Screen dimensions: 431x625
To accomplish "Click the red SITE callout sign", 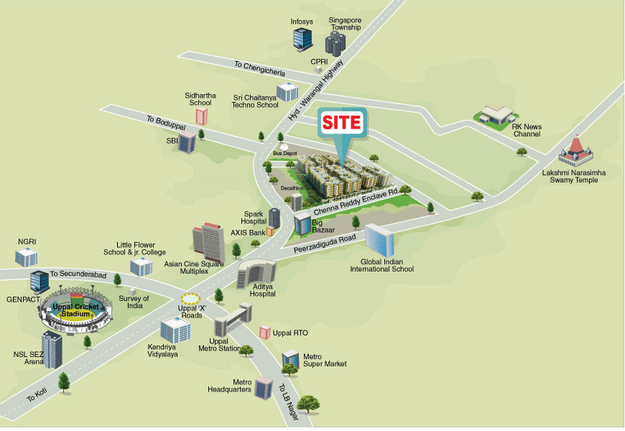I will pyautogui.click(x=342, y=121).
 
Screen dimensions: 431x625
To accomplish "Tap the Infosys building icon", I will pyautogui.click(x=302, y=39).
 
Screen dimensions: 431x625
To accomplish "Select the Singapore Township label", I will pyautogui.click(x=345, y=23).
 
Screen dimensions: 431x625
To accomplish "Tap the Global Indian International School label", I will pyautogui.click(x=381, y=265).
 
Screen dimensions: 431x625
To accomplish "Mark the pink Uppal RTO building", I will pyautogui.click(x=264, y=333).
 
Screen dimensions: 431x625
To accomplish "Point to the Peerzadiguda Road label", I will pyautogui.click(x=325, y=246).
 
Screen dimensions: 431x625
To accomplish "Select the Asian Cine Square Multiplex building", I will pyautogui.click(x=208, y=242).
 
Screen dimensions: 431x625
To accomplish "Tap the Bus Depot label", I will pyautogui.click(x=284, y=154).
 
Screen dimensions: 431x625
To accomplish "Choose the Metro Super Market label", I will pyautogui.click(x=325, y=360).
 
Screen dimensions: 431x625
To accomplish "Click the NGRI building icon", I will pyautogui.click(x=27, y=256).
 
